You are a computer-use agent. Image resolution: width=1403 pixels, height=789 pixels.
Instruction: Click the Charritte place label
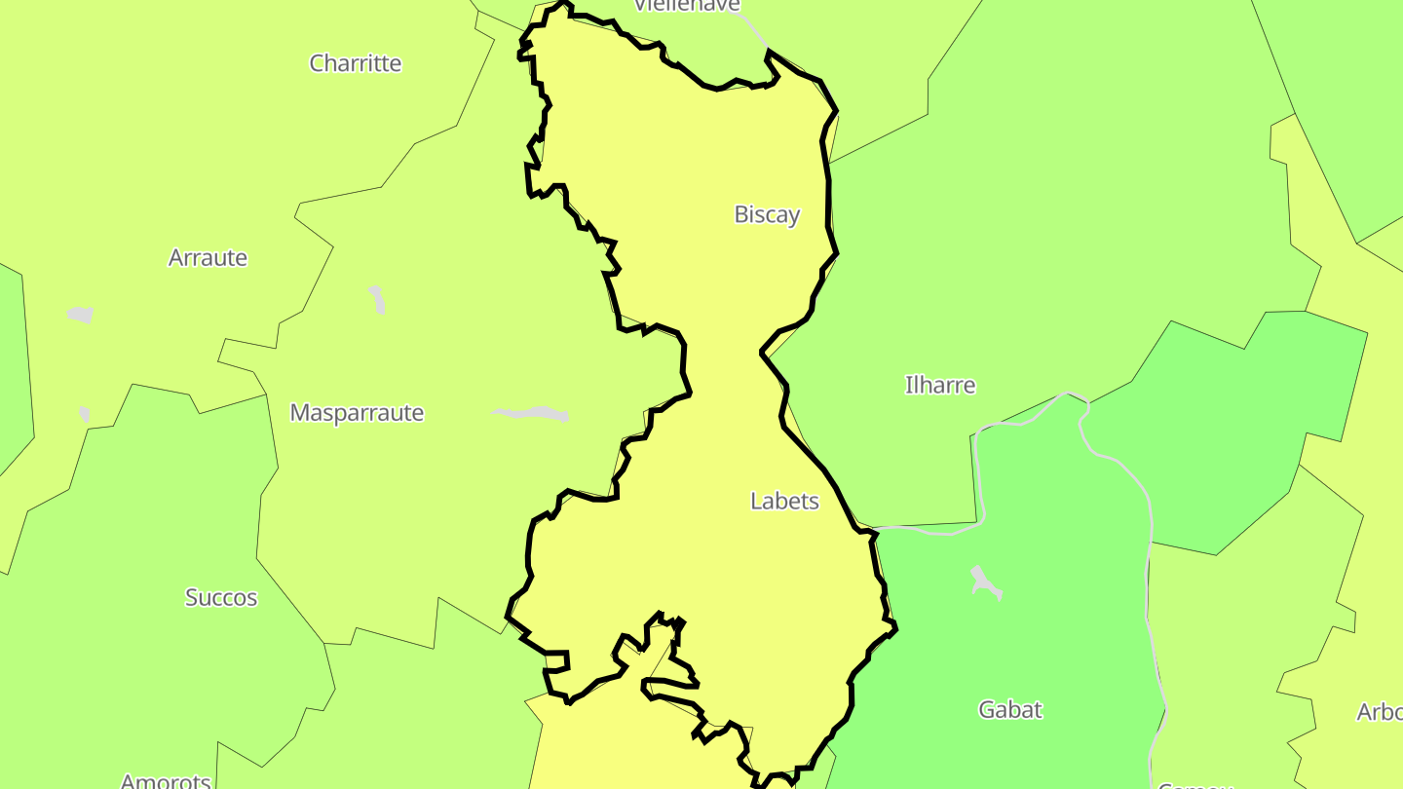click(x=356, y=63)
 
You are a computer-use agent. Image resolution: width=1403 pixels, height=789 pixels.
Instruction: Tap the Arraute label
click(x=208, y=258)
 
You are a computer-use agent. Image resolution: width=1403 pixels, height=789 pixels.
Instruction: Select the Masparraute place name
click(x=357, y=413)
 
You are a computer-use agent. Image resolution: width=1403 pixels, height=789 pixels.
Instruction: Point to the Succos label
click(x=221, y=597)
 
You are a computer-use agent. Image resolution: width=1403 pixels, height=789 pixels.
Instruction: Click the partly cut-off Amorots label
click(x=166, y=780)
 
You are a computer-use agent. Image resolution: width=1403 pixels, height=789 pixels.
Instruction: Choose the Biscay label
click(x=767, y=214)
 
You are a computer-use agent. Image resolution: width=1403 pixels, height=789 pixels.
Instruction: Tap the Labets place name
click(x=784, y=501)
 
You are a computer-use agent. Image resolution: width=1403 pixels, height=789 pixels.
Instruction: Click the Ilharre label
click(x=940, y=385)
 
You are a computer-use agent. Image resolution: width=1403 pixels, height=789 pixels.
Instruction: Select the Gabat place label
click(x=1010, y=709)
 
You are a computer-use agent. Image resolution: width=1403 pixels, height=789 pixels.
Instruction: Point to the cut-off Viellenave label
click(x=687, y=6)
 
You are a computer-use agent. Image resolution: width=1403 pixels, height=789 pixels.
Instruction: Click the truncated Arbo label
click(x=1380, y=712)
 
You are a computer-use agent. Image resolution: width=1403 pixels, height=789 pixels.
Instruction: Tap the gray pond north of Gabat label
click(x=985, y=582)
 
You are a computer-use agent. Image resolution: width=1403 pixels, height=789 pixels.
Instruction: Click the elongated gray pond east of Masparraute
click(x=532, y=414)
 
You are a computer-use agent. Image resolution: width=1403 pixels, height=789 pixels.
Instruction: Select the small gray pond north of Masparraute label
click(x=377, y=299)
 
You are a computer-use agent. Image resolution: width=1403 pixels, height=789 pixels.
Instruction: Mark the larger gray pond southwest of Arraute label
click(x=80, y=315)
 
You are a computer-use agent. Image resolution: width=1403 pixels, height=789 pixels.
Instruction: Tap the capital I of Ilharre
click(x=908, y=385)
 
